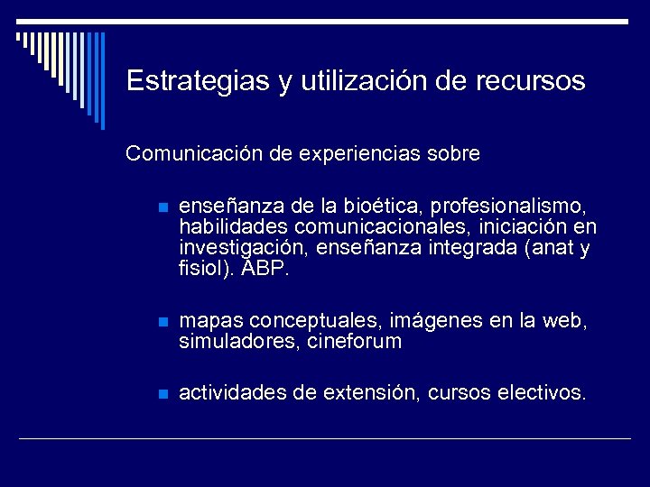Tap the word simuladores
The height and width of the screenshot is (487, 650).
(x=227, y=343)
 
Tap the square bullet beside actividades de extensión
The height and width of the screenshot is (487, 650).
(x=162, y=394)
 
